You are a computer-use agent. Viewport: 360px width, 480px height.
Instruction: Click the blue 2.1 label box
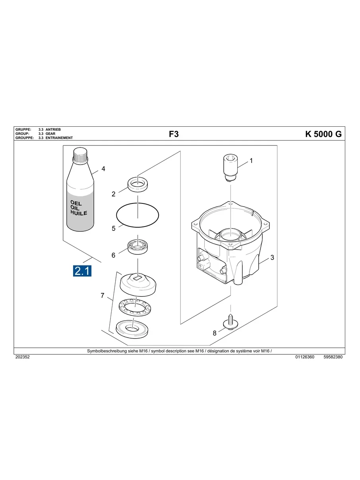(82, 271)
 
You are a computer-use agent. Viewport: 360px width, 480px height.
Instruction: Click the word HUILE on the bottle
(79, 213)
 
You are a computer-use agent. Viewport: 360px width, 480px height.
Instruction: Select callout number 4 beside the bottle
(103, 169)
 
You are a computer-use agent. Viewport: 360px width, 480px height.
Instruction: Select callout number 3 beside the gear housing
(272, 257)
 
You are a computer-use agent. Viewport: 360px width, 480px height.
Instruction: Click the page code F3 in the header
(174, 134)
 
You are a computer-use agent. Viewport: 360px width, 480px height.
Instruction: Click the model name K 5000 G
(323, 134)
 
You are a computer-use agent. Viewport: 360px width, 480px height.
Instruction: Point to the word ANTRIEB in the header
(53, 130)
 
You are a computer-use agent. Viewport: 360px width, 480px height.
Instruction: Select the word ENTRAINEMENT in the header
(59, 138)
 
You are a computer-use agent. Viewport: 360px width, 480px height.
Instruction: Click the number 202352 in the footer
(22, 357)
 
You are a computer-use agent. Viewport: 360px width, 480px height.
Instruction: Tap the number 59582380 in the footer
(333, 357)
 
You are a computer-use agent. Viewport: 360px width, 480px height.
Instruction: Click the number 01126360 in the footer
(305, 357)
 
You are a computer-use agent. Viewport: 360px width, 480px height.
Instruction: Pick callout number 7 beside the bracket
(103, 296)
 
